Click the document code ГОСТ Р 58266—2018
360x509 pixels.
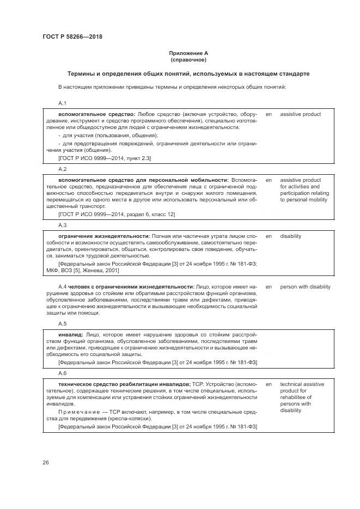coord(72,37)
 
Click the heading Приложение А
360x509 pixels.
coord(188,53)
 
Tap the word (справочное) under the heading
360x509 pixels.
coord(188,59)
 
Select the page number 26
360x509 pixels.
coord(46,462)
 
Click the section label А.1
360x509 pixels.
coord(62,103)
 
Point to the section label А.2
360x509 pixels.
coord(62,169)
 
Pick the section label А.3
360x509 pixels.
coord(62,225)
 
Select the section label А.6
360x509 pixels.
coord(62,373)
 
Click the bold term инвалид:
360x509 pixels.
coord(71,334)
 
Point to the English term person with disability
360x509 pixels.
coord(305,286)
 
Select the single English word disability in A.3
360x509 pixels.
coord(291,236)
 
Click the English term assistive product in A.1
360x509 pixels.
coord(300,114)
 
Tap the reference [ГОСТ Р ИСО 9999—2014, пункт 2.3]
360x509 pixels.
coord(105,158)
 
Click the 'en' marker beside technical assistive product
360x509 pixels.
coord(269,384)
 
